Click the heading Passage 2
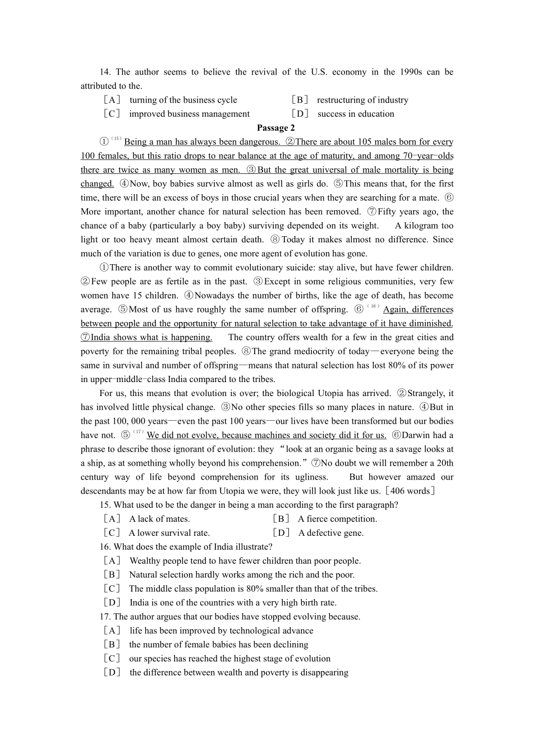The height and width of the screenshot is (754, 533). coord(275,128)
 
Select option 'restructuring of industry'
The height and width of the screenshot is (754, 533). coord(362,100)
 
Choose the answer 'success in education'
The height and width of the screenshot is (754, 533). coord(356,114)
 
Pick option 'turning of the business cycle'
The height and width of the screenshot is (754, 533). coord(183,100)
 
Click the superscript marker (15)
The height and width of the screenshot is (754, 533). coord(117,139)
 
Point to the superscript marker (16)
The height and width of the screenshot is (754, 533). coord(374,306)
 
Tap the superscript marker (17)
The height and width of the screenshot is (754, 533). coord(138,432)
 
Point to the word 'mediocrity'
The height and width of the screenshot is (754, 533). coord(337,351)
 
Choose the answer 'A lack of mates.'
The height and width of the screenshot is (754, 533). coord(159,519)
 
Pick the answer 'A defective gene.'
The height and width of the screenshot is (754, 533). coord(330,533)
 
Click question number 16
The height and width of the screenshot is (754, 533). coord(105,546)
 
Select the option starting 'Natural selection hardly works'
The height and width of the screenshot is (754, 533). coord(241,574)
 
